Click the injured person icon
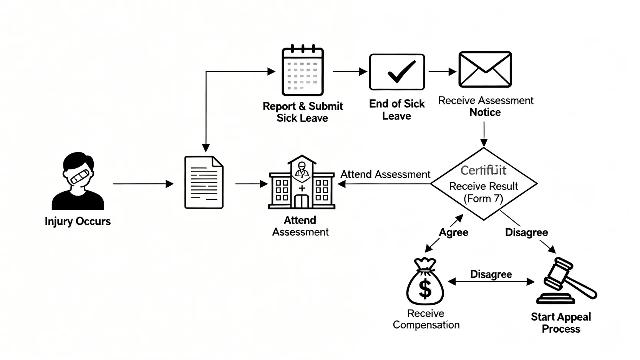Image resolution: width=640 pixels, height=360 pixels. (x=78, y=181)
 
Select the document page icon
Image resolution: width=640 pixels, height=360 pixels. (x=204, y=182)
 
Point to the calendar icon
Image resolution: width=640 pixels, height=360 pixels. (x=303, y=71)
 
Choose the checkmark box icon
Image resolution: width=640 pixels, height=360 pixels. (x=397, y=72)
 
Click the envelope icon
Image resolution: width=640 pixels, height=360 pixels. (x=485, y=70)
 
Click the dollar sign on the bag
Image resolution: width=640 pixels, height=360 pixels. (x=425, y=289)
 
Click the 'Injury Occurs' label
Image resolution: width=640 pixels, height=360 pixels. (x=78, y=221)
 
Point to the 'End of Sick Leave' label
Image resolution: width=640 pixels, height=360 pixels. (x=397, y=110)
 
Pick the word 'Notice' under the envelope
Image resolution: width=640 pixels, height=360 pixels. (x=485, y=112)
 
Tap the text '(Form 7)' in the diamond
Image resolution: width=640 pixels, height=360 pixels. (x=483, y=199)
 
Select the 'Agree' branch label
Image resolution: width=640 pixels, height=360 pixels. (x=454, y=232)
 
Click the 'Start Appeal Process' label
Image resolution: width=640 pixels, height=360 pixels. (x=561, y=323)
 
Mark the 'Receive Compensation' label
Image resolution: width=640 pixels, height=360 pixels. (x=426, y=319)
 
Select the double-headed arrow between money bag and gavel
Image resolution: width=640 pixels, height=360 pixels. (x=491, y=282)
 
